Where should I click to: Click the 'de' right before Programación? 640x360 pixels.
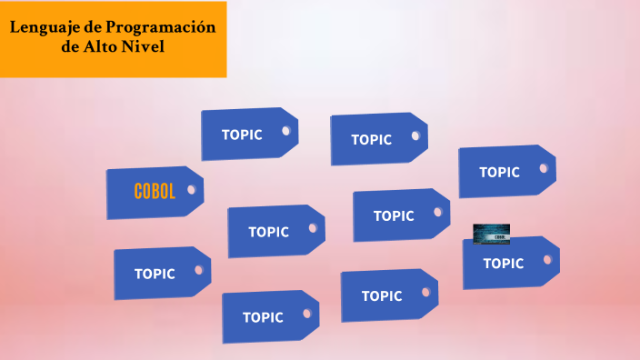coord(92,26)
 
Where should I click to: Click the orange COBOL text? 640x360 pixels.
coord(155,192)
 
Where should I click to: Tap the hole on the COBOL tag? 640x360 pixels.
coord(192,190)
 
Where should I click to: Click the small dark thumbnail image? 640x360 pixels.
coord(491,234)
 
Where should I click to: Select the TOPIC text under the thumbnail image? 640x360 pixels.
coord(503,264)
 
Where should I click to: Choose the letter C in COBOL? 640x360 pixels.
coord(138,192)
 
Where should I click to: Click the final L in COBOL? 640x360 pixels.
coord(172,192)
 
